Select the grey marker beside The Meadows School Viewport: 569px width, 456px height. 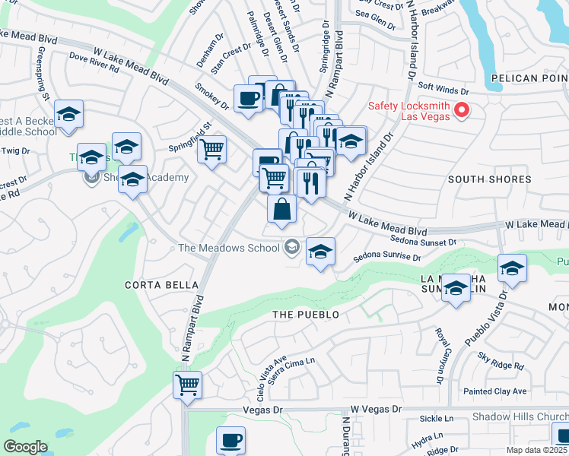[x=291, y=247]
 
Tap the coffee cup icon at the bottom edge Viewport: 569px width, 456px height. [x=230, y=440]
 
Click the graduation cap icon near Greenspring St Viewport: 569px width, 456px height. [x=69, y=115]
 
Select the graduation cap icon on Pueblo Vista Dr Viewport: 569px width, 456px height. [x=512, y=268]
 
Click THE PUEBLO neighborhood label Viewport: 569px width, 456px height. [x=306, y=314]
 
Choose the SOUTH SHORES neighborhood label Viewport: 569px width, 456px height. [x=489, y=179]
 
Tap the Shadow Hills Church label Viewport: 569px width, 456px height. [x=520, y=416]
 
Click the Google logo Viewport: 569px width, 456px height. [x=25, y=447]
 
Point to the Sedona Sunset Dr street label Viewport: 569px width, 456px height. [x=423, y=241]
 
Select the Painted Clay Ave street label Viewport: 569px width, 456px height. [x=495, y=391]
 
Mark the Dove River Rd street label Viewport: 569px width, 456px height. [x=94, y=62]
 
